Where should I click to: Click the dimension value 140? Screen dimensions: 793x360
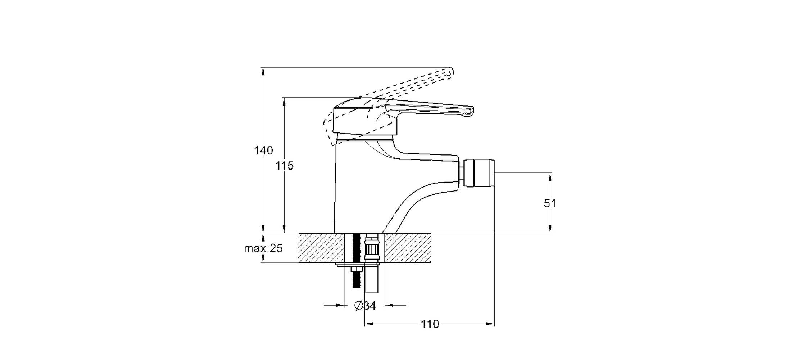tap(263, 150)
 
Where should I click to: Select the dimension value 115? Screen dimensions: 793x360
tap(285, 166)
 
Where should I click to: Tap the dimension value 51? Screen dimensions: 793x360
tap(550, 203)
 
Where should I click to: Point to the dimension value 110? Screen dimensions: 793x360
tap(430, 324)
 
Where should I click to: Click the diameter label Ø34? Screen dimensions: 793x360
tap(365, 306)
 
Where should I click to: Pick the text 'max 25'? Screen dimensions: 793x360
tap(263, 248)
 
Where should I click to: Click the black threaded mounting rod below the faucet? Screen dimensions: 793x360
tap(357, 261)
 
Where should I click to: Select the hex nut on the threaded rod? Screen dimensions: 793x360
tap(357, 270)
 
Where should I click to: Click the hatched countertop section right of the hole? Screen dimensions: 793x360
tap(408, 248)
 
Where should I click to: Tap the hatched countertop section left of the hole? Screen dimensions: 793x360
tap(321, 248)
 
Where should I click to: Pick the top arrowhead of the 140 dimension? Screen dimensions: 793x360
tap(263, 71)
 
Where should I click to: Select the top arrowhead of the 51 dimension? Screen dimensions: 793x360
tap(550, 177)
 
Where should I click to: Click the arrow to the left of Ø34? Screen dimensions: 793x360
tap(334, 306)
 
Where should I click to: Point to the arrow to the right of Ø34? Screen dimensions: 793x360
tap(395, 306)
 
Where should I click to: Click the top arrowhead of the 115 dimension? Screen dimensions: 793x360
tap(284, 102)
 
